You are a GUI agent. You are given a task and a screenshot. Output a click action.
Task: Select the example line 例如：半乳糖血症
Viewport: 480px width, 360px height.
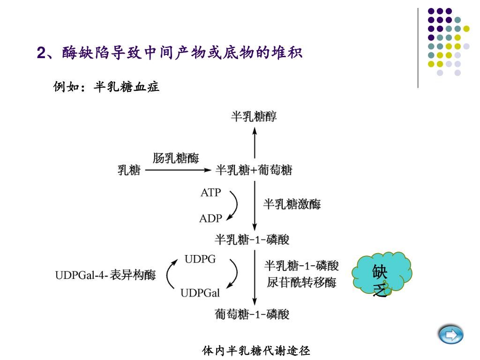click(x=107, y=87)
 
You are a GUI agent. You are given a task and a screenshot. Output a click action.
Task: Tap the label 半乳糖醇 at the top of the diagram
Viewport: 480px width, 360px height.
click(x=254, y=116)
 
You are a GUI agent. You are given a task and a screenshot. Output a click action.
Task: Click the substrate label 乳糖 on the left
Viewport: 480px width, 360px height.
click(x=129, y=170)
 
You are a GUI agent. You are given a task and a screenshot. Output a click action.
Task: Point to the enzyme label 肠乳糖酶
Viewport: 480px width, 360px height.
click(x=176, y=158)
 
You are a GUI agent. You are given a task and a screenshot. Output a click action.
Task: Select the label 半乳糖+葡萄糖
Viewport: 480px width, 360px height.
click(x=254, y=170)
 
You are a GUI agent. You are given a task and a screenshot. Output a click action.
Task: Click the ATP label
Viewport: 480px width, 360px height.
click(x=210, y=193)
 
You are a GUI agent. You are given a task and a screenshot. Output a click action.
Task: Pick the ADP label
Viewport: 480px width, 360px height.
click(x=210, y=218)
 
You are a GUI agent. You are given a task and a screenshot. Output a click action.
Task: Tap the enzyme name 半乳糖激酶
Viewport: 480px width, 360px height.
click(x=292, y=204)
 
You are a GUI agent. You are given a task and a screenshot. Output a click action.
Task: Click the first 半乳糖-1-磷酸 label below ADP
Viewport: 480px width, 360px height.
click(x=252, y=240)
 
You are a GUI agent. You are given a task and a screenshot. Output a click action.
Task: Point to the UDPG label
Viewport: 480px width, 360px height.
click(x=200, y=259)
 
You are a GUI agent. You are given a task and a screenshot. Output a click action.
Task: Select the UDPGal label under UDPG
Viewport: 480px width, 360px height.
click(x=200, y=293)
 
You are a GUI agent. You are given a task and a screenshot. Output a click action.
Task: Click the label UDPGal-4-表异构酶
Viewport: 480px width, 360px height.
click(x=105, y=275)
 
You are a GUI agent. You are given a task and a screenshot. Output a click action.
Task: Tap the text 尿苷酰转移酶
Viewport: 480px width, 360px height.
click(x=301, y=283)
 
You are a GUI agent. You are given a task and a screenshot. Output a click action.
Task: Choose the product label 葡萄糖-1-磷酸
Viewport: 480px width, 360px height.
click(x=252, y=314)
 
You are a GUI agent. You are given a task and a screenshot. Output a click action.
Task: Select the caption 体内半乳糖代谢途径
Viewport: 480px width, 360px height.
click(x=256, y=350)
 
